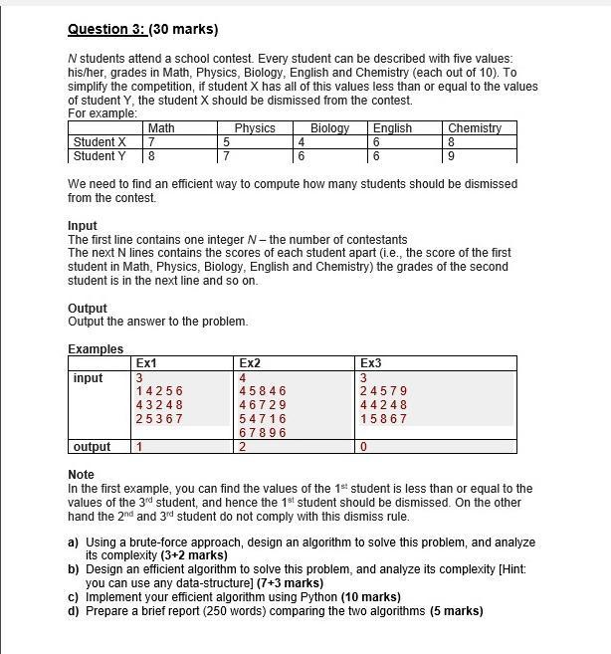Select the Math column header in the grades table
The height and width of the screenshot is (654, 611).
161,128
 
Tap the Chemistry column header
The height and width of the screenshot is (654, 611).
475,128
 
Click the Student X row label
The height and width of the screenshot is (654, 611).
100,142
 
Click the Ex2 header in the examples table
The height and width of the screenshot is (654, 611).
250,363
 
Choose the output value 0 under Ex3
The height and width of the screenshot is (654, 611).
365,447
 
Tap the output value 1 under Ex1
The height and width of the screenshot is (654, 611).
140,447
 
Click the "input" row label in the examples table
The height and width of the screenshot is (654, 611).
88,378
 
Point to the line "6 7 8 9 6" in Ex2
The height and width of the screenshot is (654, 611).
263,433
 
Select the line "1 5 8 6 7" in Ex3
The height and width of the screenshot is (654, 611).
384,419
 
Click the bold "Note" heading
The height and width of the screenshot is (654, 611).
81,475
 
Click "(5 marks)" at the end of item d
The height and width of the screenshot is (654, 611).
457,611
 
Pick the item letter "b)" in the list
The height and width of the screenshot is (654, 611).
74,569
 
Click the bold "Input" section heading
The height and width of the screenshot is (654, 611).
83,226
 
